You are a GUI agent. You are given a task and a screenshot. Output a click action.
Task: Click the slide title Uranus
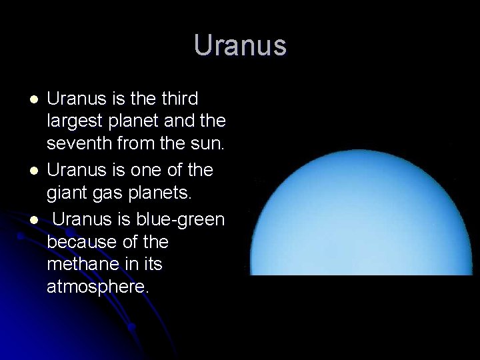pos(240,46)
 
